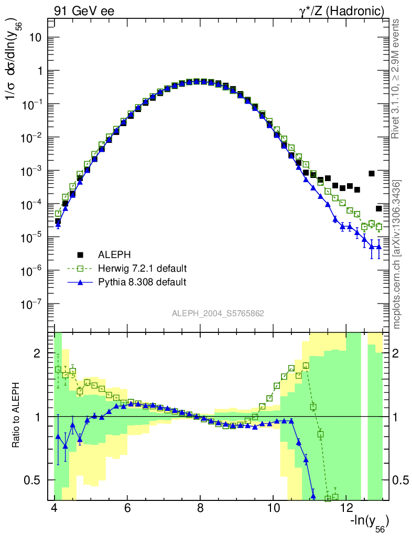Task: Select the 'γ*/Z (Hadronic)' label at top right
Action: [x=342, y=10]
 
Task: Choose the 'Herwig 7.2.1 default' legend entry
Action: [x=142, y=269]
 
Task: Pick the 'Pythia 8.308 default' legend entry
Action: [x=142, y=282]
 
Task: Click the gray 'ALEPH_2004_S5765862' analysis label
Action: [x=218, y=314]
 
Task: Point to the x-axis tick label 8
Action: [x=200, y=508]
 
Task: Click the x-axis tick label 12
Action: [x=346, y=508]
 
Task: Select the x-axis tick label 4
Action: [x=55, y=508]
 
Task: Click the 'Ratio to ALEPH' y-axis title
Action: [x=17, y=416]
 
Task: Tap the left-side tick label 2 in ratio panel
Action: [x=37, y=354]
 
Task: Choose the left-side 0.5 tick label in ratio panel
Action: [x=33, y=480]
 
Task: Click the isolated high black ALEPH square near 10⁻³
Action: [x=372, y=173]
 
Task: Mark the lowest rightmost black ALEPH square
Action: [x=379, y=208]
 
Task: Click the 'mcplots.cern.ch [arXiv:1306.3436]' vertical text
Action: [x=397, y=254]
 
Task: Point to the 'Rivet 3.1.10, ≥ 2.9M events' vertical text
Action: [x=396, y=79]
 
